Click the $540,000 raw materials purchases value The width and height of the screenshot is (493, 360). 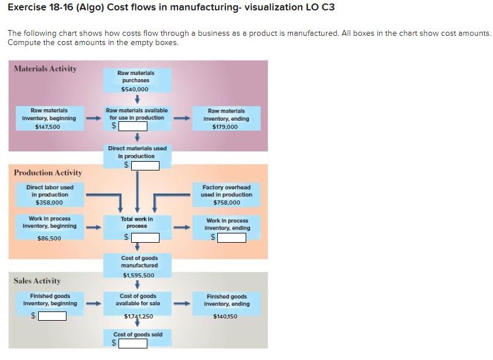click(x=135, y=89)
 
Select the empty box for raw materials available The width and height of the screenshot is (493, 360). click(x=129, y=125)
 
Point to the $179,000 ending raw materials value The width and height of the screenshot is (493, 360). click(x=225, y=127)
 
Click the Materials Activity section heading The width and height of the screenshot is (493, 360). click(x=45, y=69)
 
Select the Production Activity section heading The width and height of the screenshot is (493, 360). click(x=48, y=173)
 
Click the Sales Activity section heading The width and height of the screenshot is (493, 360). click(x=38, y=281)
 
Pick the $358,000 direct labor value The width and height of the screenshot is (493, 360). click(x=49, y=203)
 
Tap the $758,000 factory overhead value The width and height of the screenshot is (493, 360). click(x=227, y=203)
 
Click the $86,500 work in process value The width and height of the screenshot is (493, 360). click(x=49, y=238)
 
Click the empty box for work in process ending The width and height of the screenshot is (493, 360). click(x=231, y=237)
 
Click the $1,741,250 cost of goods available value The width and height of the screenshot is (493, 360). click(x=139, y=317)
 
